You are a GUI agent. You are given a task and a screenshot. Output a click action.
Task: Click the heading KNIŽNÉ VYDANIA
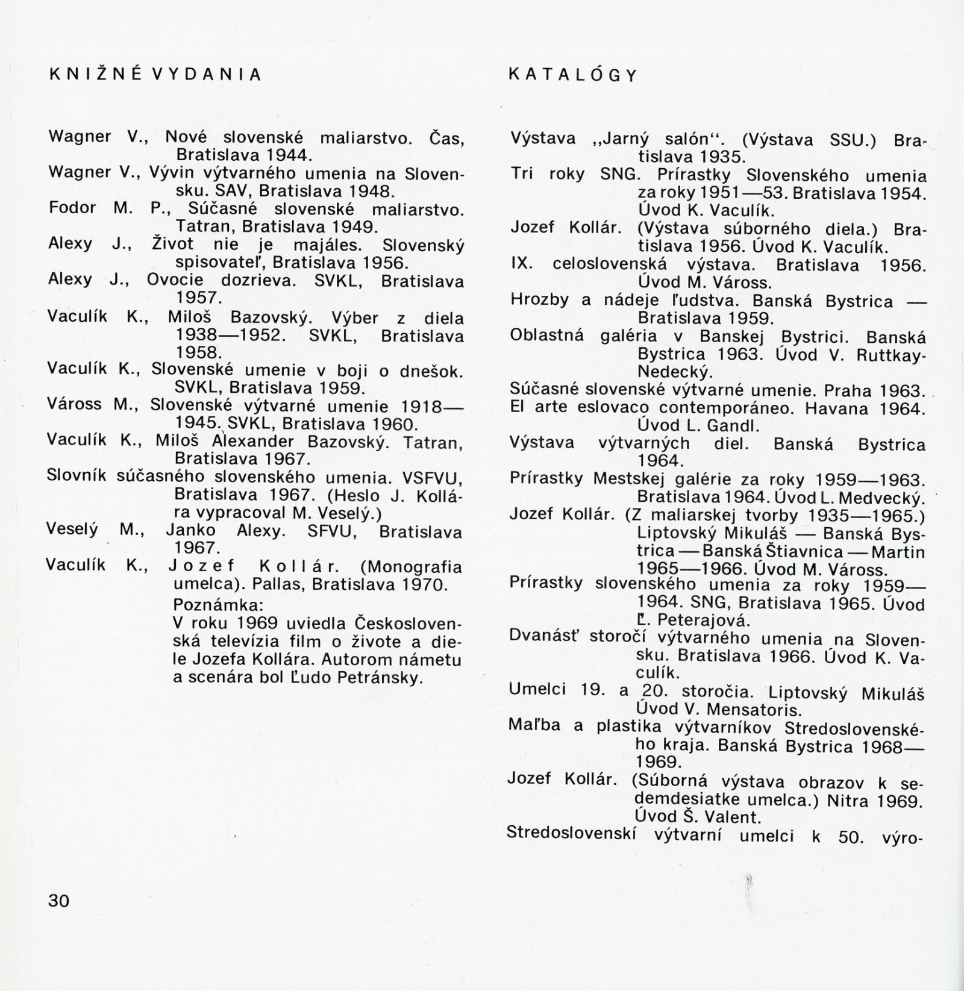coord(155,74)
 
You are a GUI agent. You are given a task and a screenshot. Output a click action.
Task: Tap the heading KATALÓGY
coord(573,75)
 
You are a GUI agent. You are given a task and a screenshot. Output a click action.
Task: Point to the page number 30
coord(59,901)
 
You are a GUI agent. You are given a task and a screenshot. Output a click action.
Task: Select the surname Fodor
coord(72,208)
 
